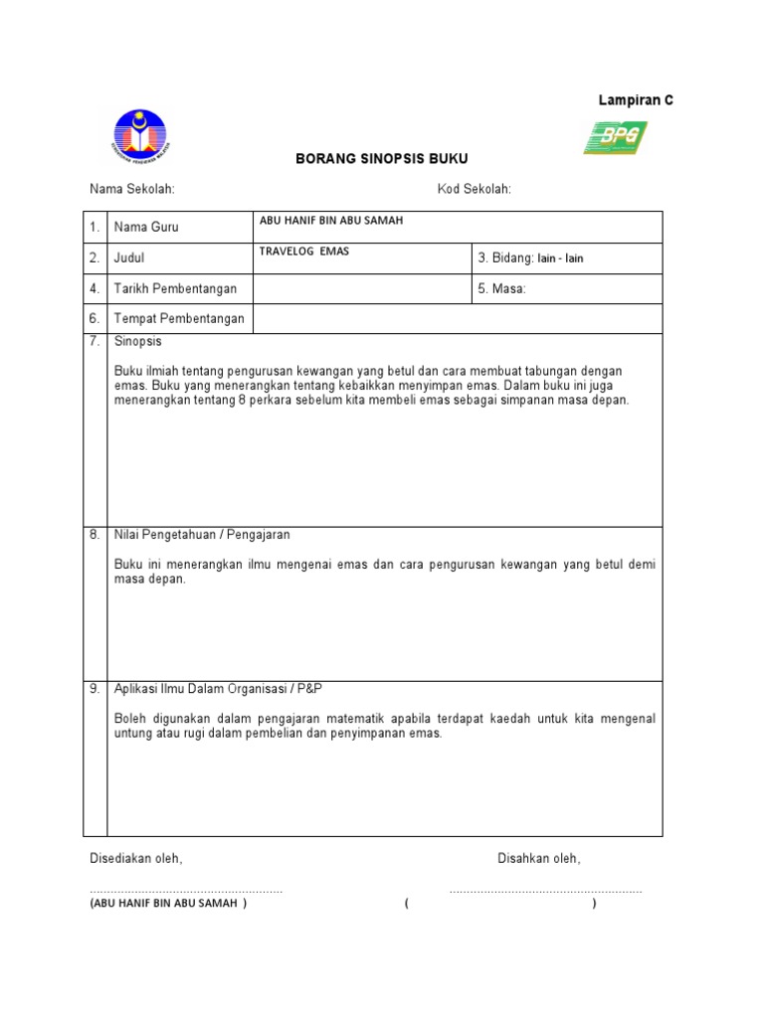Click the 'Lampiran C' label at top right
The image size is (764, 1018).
[x=635, y=100]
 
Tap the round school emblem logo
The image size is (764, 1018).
[x=140, y=136]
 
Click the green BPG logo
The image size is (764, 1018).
[x=615, y=137]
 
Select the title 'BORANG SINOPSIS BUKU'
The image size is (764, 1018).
[x=382, y=159]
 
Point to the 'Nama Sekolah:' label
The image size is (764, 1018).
[x=132, y=190]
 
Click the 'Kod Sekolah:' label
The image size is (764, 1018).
[x=474, y=190]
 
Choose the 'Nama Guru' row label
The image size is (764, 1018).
[x=146, y=228]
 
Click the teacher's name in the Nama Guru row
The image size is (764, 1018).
[x=330, y=221]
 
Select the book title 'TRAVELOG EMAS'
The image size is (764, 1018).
[x=303, y=252]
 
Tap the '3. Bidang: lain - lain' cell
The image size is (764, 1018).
[x=530, y=258]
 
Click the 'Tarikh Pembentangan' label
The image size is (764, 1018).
[x=176, y=288]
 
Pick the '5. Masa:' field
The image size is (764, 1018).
[x=502, y=288]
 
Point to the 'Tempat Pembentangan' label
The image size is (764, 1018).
[x=179, y=319]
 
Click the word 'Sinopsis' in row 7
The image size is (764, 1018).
[x=138, y=341]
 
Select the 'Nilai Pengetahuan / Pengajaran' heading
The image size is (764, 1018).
[x=202, y=535]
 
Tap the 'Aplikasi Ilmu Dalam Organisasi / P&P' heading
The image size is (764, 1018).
[x=219, y=689]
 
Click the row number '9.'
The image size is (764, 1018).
[x=95, y=689]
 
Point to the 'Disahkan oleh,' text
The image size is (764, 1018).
[x=539, y=858]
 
